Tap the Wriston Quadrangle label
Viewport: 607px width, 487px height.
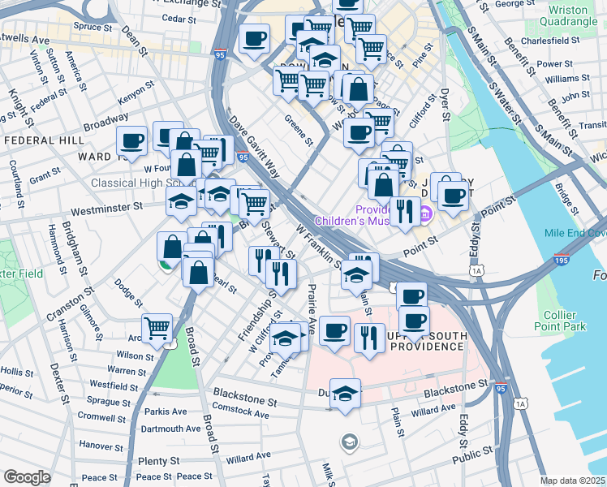click(x=567, y=16)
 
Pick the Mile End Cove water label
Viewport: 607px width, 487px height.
click(x=575, y=232)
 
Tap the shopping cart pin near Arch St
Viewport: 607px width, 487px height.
click(x=157, y=328)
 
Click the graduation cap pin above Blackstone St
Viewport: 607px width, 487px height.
click(x=346, y=393)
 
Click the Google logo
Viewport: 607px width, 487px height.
click(x=27, y=477)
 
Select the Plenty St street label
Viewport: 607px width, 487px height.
click(x=153, y=460)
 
